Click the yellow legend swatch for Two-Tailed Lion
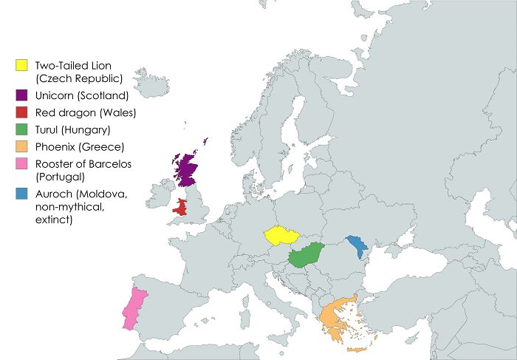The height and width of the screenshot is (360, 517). click(22, 66)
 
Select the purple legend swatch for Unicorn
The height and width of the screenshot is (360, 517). click(22, 95)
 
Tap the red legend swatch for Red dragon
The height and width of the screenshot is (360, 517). click(22, 112)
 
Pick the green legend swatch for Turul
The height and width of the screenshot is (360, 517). click(22, 130)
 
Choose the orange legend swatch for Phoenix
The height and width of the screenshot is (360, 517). click(22, 147)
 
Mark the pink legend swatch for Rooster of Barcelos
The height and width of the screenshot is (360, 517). click(22, 164)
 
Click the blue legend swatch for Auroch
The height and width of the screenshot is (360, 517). click(22, 194)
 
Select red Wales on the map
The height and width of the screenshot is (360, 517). click(179, 207)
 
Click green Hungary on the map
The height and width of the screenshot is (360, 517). click(306, 256)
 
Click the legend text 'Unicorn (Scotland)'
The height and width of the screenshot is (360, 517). click(82, 95)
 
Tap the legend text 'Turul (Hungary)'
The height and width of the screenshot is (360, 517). click(73, 130)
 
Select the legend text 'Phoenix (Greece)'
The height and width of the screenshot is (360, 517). click(79, 147)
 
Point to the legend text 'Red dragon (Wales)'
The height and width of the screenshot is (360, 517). click(86, 113)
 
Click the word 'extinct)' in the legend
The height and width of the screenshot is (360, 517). click(53, 220)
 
